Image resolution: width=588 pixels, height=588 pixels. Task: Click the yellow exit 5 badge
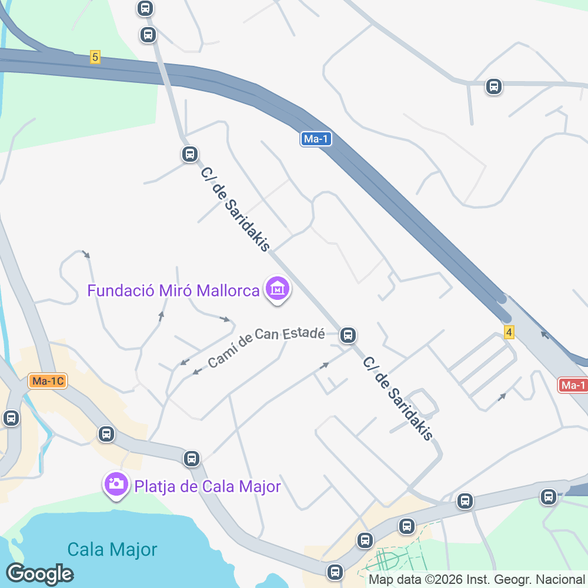pos(95,57)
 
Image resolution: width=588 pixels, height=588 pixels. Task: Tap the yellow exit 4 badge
pos(509,332)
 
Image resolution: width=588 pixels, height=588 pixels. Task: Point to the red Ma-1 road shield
pos(573,385)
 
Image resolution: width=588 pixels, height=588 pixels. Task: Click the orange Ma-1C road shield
pos(47,381)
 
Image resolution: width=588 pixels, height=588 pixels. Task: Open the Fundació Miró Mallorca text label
pos(173,290)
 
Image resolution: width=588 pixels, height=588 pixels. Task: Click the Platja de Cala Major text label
pos(208,486)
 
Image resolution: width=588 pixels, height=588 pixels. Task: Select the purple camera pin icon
pos(116,485)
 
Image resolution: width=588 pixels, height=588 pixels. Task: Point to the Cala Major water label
pos(112,550)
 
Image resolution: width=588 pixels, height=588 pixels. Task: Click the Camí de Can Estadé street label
pos(266,348)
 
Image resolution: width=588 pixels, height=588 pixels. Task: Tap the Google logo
pos(39,573)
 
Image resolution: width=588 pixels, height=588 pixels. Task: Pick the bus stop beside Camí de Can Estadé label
pos(348,335)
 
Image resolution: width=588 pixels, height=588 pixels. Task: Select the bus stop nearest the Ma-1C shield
pos(11,418)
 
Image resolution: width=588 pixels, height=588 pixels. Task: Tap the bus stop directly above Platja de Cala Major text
pos(191,458)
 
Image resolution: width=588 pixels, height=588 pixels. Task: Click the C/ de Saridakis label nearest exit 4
pos(397,398)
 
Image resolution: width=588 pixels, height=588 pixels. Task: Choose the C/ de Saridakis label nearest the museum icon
pos(235,209)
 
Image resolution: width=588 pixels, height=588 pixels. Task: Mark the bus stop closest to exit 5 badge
pos(148,34)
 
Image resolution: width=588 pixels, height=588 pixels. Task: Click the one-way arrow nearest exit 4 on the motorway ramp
pos(543,336)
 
